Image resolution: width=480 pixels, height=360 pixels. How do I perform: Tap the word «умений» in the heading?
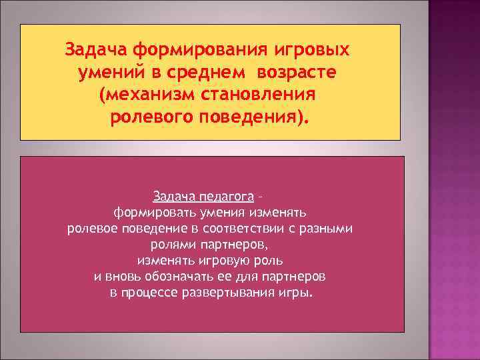pyautogui.click(x=111, y=73)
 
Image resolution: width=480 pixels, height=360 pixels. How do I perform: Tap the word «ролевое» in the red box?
pyautogui.click(x=90, y=229)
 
